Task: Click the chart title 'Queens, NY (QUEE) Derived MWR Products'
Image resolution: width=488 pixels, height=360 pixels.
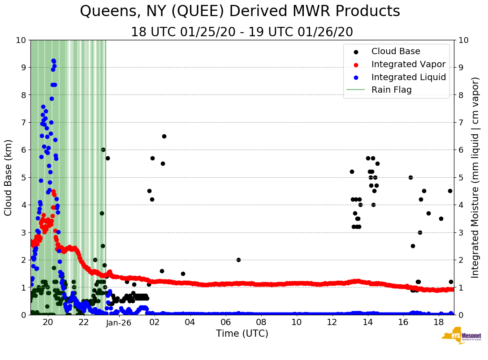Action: (240, 11)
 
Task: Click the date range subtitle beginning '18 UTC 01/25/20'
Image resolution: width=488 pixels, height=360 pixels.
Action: (242, 32)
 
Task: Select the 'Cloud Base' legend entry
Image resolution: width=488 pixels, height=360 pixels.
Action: (396, 51)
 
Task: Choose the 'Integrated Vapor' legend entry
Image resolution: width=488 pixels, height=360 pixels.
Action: (408, 64)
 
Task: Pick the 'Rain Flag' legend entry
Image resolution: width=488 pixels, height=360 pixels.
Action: (391, 90)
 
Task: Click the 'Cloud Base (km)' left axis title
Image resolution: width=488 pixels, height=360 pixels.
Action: (9, 177)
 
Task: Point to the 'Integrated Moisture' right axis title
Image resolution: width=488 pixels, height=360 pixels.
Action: (475, 177)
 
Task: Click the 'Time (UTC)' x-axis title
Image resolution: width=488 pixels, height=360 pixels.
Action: (242, 334)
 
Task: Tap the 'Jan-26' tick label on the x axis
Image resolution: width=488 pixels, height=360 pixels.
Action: (119, 322)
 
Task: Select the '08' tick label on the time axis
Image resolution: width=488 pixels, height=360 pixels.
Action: (261, 322)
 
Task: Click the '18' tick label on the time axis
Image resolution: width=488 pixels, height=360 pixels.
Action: (439, 322)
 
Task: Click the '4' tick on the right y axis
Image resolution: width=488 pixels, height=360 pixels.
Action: (460, 205)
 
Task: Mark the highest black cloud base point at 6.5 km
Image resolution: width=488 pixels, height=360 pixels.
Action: (164, 136)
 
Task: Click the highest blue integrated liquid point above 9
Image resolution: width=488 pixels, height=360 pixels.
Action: (53, 60)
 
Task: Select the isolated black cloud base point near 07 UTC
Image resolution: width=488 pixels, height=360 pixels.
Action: (238, 260)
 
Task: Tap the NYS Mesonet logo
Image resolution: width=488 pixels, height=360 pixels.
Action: (461, 337)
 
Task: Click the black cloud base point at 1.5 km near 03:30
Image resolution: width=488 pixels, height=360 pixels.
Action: (183, 274)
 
